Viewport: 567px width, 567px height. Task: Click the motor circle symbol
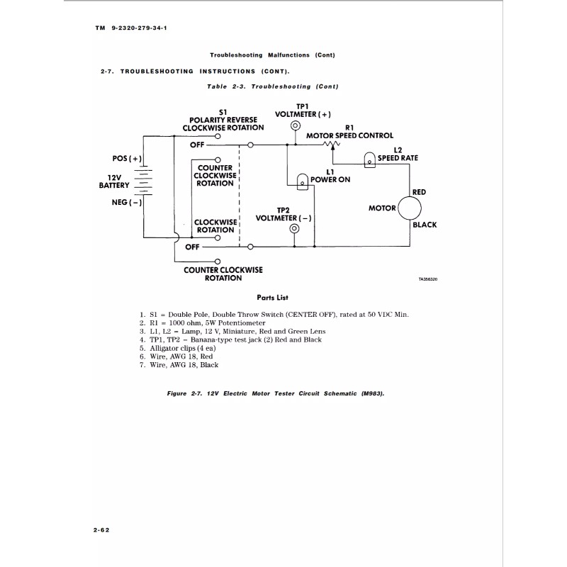410,208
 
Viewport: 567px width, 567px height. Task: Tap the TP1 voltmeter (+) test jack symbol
295,126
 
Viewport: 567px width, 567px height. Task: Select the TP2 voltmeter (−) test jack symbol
294,229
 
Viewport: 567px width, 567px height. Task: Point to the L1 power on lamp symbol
302,181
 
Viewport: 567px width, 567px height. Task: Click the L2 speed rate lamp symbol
369,160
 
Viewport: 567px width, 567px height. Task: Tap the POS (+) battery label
127,158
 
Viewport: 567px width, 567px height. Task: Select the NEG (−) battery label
127,202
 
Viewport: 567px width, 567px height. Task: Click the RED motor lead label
419,192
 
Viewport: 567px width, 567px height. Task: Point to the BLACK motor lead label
425,225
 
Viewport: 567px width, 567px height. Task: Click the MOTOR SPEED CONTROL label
349,135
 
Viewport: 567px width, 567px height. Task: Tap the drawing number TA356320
429,279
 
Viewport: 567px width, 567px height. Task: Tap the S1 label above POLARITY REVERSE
223,112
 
